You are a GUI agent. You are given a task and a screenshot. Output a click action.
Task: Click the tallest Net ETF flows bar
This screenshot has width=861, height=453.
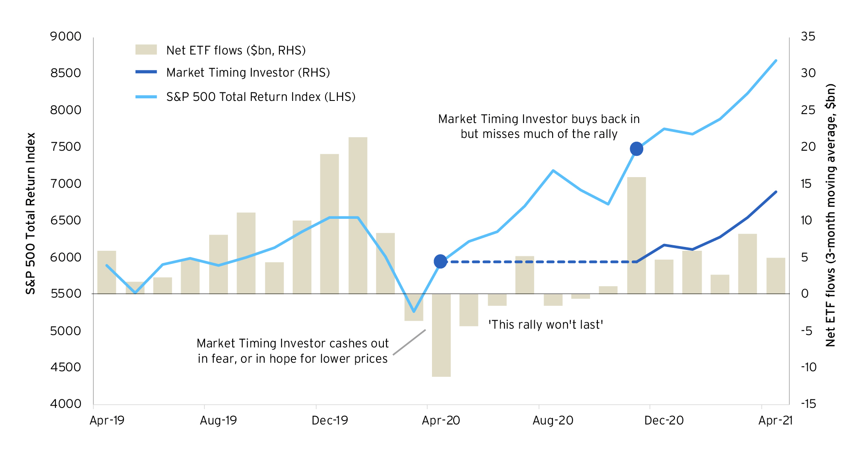pos(357,215)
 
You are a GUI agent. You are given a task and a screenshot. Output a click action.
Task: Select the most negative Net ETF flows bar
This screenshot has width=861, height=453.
pos(441,335)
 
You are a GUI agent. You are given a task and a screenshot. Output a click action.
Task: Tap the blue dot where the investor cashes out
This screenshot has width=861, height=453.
pos(441,261)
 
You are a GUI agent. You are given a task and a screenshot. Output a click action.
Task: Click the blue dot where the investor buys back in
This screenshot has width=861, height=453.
pos(636,149)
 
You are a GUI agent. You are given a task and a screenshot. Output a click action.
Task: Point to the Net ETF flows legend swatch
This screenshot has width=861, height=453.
pos(146,50)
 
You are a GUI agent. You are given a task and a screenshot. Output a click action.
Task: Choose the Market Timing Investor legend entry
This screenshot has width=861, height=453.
pos(248,73)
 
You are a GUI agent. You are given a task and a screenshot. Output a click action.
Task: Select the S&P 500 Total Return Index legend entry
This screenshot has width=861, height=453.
pos(260,97)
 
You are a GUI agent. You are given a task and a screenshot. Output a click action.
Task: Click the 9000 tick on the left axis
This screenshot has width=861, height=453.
pos(66,37)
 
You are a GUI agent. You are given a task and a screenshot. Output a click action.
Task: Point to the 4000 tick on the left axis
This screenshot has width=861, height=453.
pos(66,404)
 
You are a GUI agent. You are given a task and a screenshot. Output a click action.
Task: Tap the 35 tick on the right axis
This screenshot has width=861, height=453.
pos(808,37)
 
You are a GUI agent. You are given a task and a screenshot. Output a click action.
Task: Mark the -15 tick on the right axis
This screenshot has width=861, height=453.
pos(808,404)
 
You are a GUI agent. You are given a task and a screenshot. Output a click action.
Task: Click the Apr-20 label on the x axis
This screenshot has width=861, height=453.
pos(441,421)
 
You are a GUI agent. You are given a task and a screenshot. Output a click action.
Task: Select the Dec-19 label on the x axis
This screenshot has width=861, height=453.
pos(330,421)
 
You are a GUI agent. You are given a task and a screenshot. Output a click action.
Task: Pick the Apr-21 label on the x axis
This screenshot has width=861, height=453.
pos(775,421)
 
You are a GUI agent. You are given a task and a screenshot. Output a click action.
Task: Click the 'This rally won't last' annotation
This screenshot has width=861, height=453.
pos(546,325)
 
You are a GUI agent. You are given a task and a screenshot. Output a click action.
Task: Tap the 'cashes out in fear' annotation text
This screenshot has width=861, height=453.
pos(293,351)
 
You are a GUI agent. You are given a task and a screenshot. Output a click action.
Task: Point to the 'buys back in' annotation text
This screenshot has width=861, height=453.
pos(539,126)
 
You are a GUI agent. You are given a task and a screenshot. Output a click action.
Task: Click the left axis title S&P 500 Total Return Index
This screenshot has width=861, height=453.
pos(31,213)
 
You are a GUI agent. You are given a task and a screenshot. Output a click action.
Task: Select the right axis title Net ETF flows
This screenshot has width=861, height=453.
pos(830,215)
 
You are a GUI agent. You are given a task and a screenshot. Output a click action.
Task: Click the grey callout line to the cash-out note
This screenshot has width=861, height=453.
pos(409,342)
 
